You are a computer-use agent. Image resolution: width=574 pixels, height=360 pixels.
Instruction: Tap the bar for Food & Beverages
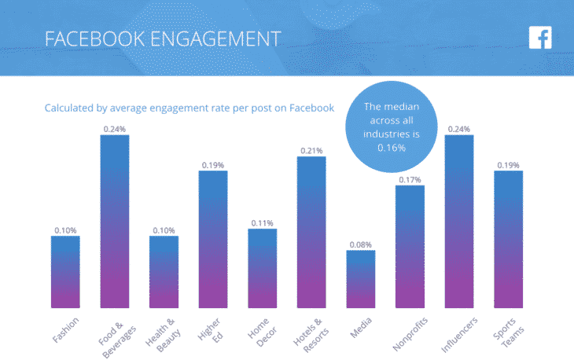point(115,221)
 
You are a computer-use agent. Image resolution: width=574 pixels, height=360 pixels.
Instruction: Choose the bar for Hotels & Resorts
point(311,232)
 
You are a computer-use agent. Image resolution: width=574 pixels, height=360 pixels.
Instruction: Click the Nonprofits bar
point(410,246)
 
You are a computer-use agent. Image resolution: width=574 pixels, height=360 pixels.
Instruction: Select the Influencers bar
point(459,221)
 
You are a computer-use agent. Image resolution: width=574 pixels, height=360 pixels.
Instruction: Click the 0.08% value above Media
point(361,244)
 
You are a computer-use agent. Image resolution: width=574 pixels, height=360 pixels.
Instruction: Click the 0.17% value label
point(410,179)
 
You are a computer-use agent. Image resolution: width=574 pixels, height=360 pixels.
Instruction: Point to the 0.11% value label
point(262,223)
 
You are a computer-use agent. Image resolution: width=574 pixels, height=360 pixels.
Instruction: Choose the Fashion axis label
point(63,328)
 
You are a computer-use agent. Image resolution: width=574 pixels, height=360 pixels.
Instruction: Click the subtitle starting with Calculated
point(189,108)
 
